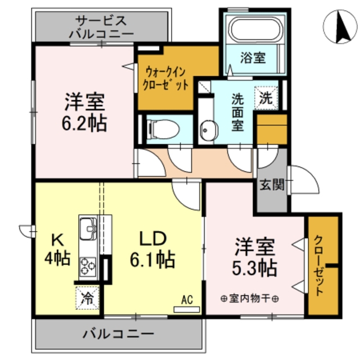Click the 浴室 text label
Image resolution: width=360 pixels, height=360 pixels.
(253, 57)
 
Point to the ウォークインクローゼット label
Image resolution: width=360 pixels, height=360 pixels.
(166, 79)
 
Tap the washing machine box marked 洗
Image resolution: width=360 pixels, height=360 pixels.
(266, 96)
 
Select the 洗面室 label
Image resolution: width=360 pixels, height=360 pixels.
(238, 111)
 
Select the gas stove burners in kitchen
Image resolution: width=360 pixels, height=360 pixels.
(88, 265)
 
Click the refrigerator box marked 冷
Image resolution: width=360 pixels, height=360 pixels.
(87, 295)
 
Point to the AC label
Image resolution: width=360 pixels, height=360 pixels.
(187, 300)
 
